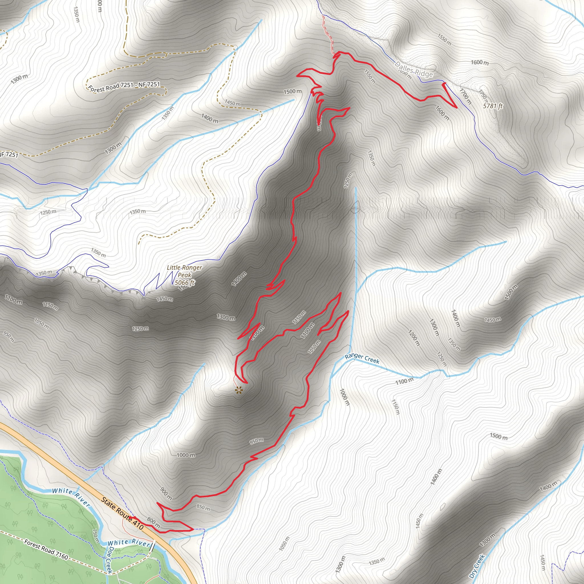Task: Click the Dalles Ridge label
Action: [x=414, y=70]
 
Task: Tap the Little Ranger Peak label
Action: [x=184, y=271]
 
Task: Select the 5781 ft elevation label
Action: [x=493, y=106]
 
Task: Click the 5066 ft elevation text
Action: [x=184, y=283]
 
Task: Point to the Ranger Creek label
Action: [x=362, y=358]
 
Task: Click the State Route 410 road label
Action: [x=122, y=513]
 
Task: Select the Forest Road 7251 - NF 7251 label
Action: [x=124, y=86]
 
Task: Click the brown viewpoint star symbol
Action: [x=239, y=390]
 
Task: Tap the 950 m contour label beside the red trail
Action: [x=256, y=441]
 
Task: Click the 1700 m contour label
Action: [x=465, y=96]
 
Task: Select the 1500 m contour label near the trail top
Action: [x=292, y=91]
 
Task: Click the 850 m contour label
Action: [x=203, y=508]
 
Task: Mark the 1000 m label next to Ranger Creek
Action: [x=344, y=397]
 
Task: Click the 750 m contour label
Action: [x=95, y=536]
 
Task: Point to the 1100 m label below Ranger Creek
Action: [x=404, y=382]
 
